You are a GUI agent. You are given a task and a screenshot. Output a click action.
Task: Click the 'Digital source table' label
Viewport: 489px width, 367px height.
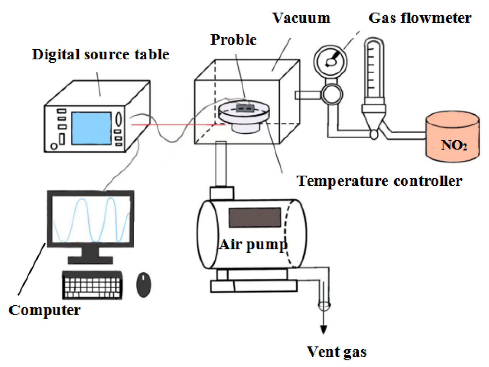coord(100,55)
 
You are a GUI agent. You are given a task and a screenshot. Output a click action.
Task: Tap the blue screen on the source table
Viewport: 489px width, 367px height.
coord(91,128)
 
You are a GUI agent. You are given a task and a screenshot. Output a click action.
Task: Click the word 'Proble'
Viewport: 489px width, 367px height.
coord(233,40)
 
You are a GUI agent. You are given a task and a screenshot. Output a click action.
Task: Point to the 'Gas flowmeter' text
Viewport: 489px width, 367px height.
coord(420,18)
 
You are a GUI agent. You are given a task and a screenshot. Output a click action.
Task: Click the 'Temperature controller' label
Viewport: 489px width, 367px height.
coord(379,181)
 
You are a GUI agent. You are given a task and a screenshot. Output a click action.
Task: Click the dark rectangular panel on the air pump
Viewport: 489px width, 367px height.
coord(254,217)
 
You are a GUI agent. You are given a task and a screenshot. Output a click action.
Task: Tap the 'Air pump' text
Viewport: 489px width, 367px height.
coord(253,245)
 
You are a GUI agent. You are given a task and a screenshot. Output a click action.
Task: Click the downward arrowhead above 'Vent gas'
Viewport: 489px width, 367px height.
coord(323,330)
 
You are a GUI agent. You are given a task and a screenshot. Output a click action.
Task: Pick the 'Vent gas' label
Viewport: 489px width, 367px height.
coord(337,352)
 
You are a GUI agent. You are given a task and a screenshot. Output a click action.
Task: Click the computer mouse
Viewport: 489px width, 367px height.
coord(143,285)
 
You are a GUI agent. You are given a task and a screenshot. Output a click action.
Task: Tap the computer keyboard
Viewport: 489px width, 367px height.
coord(92,285)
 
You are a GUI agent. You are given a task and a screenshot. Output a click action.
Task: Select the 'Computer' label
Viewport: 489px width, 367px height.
coord(45,310)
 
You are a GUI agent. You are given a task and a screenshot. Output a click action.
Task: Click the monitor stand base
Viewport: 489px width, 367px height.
coord(90,260)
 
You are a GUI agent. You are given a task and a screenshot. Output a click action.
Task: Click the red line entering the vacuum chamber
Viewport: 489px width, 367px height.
coord(176,125)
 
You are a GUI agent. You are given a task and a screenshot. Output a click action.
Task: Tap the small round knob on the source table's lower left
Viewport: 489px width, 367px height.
coord(54,146)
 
